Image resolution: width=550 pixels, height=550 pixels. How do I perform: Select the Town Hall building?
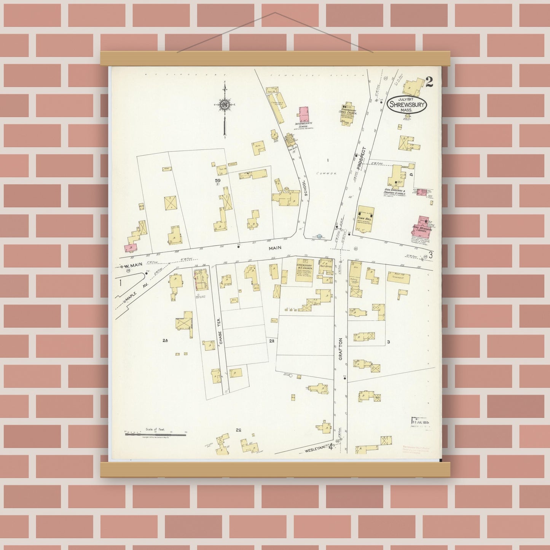click(x=365, y=220)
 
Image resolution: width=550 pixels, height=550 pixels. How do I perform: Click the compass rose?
click(x=224, y=105)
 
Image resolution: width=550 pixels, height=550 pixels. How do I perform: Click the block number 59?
click(x=218, y=180)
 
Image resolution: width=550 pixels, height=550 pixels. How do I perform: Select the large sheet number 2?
click(x=429, y=82)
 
